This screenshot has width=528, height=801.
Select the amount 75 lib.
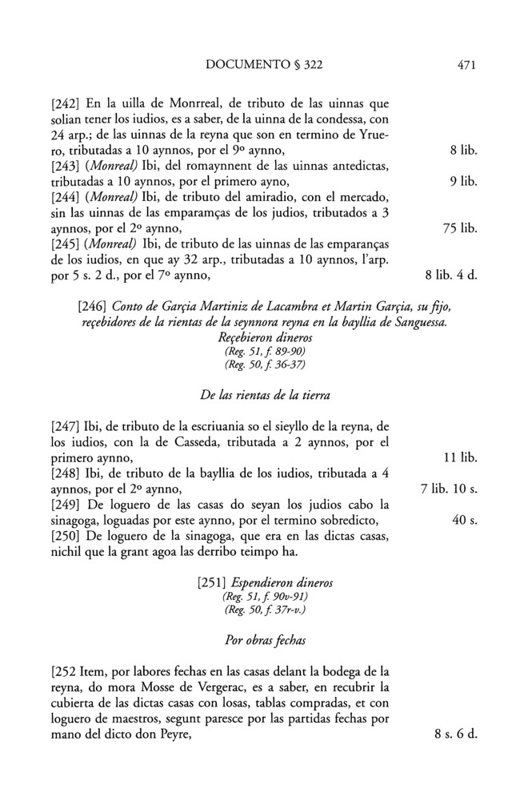459,228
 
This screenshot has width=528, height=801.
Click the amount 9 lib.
464,182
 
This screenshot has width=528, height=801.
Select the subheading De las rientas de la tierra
261,395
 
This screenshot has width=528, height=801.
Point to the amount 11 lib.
460,459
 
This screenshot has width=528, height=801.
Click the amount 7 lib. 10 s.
449,489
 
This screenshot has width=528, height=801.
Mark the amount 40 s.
465,521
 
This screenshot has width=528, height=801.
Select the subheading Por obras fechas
261,642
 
